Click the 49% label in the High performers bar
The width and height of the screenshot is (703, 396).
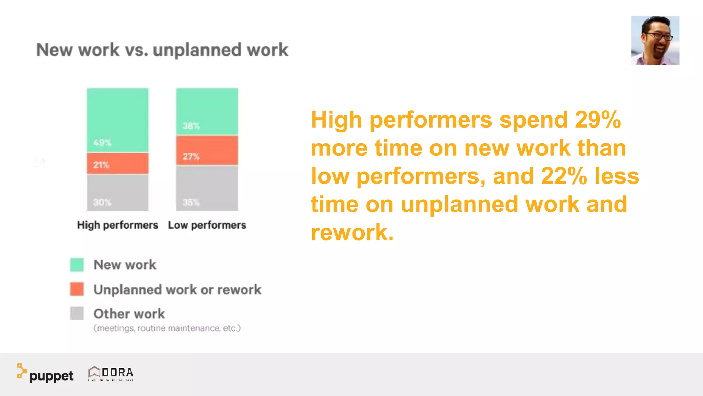(x=102, y=143)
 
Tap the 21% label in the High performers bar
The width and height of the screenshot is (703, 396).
(x=101, y=165)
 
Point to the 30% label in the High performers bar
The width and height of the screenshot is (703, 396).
(x=102, y=202)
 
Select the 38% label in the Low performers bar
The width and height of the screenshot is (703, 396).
(x=191, y=126)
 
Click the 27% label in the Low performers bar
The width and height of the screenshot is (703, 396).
(x=191, y=157)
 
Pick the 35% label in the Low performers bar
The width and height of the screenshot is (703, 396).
(x=191, y=202)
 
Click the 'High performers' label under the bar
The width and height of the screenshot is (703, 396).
(x=117, y=225)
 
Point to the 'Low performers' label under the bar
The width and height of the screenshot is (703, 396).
(x=207, y=225)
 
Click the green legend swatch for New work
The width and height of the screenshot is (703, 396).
(x=77, y=265)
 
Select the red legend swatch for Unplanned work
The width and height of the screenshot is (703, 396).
(x=77, y=289)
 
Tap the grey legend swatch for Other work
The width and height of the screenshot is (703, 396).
(x=77, y=313)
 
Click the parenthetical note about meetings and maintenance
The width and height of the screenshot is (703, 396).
(x=167, y=328)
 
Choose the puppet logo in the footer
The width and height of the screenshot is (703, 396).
(x=45, y=374)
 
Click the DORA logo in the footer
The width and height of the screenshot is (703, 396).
(x=111, y=373)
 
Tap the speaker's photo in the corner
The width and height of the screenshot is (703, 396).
(x=655, y=40)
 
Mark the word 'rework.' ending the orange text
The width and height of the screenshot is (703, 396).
(x=352, y=232)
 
